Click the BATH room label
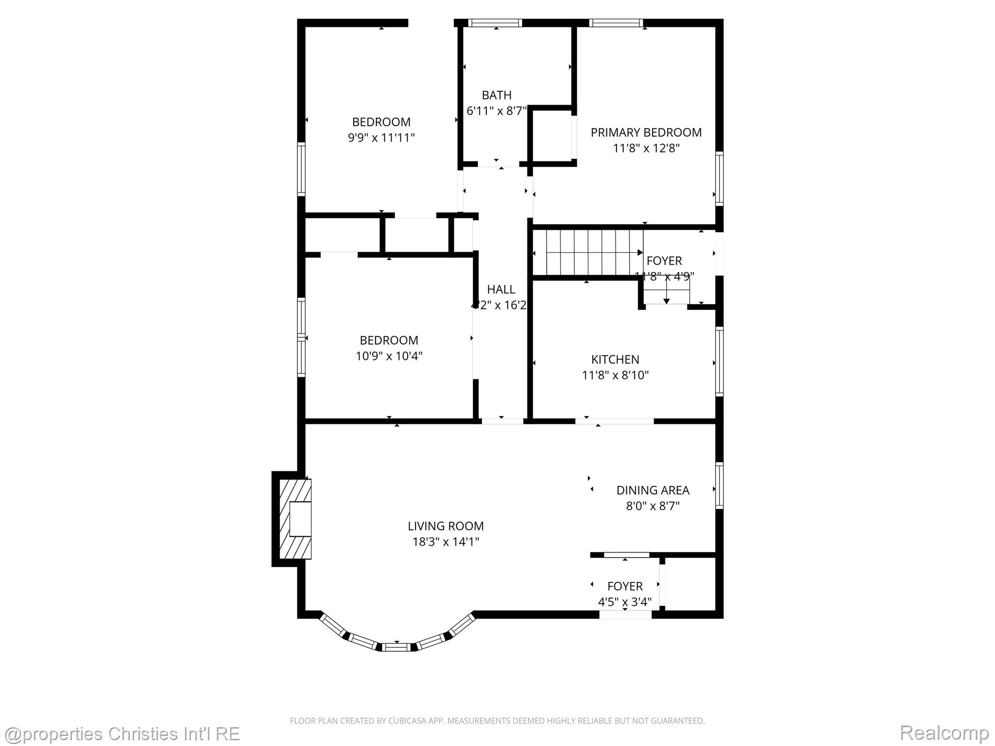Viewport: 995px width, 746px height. (x=496, y=95)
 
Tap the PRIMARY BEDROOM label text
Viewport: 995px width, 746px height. (x=646, y=133)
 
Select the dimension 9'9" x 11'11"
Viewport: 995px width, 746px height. (x=381, y=138)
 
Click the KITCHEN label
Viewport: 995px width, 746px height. (x=615, y=359)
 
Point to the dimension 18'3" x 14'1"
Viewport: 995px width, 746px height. (x=446, y=542)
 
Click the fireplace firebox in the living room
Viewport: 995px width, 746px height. (x=300, y=519)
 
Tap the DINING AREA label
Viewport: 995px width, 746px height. (x=652, y=491)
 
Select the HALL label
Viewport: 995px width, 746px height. (x=500, y=289)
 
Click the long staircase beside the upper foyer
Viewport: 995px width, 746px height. (x=588, y=253)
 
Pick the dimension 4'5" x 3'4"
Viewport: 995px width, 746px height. (x=624, y=602)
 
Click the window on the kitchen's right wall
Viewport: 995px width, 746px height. (x=719, y=361)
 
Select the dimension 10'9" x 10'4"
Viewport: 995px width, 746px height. (x=389, y=356)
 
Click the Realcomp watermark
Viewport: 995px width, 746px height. (x=944, y=732)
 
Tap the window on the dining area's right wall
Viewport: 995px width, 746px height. (x=719, y=486)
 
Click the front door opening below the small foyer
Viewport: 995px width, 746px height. (x=625, y=615)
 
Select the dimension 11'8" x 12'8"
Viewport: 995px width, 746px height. (x=646, y=148)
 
